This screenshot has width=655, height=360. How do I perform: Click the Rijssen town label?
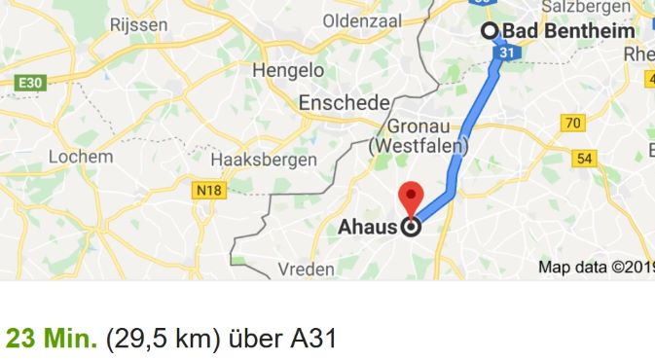(139, 23)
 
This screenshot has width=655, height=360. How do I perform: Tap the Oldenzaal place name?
(362, 20)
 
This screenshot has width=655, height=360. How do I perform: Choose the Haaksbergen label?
(264, 159)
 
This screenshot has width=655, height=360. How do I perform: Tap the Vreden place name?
(306, 269)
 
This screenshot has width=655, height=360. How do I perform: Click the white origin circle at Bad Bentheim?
(490, 30)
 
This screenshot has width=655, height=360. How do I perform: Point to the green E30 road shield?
(30, 84)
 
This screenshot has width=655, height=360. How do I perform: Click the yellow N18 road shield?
(208, 191)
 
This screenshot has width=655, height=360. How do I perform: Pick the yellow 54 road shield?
(586, 159)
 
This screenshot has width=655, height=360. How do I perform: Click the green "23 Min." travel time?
(51, 340)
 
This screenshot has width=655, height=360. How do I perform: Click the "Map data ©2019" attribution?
(596, 267)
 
